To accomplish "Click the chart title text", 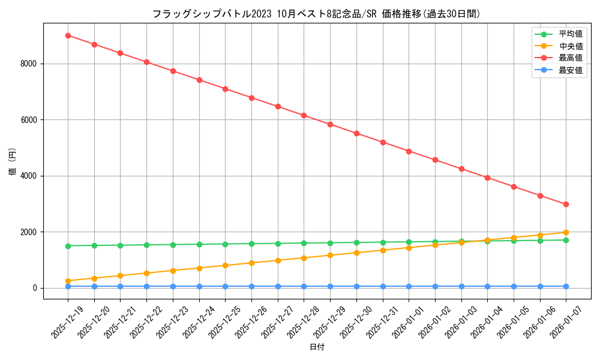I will (316, 14).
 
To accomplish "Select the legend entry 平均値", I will (570, 34).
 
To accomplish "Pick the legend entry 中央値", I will (570, 46).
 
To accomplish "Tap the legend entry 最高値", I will (570, 58).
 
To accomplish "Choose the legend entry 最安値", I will (570, 70).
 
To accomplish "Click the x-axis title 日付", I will (317, 347).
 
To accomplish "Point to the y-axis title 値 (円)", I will (13, 162).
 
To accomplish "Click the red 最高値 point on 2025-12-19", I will (68, 35).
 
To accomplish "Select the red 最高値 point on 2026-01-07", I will (566, 204).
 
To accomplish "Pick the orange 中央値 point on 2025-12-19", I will (68, 281).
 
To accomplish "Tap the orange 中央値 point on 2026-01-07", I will (566, 232).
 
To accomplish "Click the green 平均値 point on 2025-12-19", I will (68, 245).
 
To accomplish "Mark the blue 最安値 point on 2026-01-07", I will (566, 286).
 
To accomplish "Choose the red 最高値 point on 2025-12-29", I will (330, 124).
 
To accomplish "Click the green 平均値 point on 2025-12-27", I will (278, 244).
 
